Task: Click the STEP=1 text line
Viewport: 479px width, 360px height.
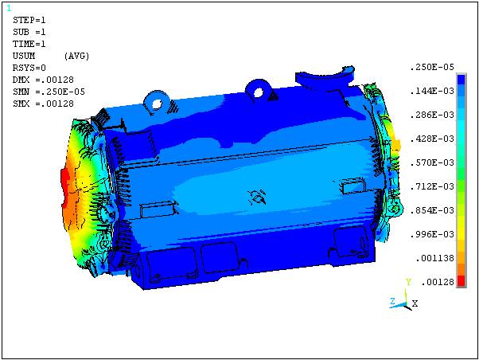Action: coord(29,20)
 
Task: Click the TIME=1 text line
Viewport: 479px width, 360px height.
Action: coord(29,44)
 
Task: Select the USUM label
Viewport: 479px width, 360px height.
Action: coord(24,56)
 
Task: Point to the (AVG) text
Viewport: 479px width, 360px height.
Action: coord(76,56)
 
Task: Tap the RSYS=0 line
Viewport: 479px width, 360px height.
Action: coord(29,68)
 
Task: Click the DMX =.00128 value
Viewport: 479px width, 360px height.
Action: coord(43,80)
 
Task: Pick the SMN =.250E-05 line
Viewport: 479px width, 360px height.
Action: coord(49,92)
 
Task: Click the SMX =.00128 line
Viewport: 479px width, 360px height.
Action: coord(43,104)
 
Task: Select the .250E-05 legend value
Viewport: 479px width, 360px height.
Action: coord(432,67)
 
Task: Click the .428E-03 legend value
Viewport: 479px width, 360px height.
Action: coord(432,139)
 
